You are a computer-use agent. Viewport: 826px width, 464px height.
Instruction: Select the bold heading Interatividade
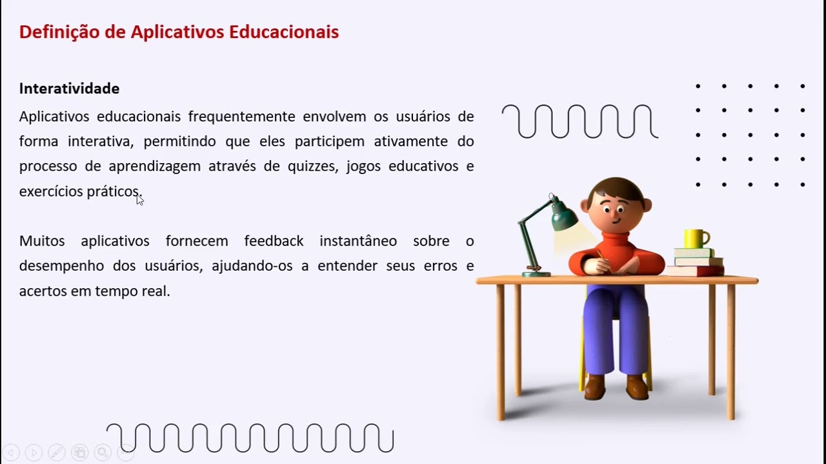69,88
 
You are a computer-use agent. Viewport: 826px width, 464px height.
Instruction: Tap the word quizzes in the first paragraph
310,166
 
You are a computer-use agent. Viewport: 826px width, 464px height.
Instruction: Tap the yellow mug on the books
696,238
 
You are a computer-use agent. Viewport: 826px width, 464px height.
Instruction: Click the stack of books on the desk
697,262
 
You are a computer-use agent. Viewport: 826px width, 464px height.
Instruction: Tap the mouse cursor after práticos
140,200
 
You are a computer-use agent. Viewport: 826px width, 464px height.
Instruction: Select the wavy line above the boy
579,122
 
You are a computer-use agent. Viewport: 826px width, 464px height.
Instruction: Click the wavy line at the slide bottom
250,438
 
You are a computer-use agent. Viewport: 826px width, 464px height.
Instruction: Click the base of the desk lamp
536,273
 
